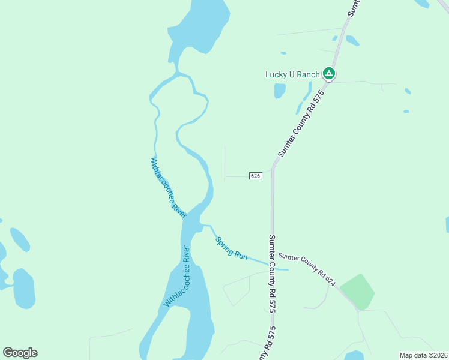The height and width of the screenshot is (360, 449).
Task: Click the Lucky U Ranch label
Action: click(292, 74)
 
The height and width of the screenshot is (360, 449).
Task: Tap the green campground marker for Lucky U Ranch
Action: click(328, 74)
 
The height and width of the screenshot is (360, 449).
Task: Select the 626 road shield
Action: click(255, 176)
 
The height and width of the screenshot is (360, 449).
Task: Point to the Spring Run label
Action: click(232, 247)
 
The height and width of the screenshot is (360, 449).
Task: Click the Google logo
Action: click(20, 353)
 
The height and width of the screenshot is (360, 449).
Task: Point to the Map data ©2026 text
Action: click(423, 355)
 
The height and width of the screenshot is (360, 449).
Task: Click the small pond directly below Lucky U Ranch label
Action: click(280, 91)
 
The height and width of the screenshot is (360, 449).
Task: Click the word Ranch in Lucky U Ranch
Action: click(307, 74)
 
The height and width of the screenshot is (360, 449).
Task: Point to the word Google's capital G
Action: click(8, 353)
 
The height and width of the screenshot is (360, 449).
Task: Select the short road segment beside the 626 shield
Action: click(237, 176)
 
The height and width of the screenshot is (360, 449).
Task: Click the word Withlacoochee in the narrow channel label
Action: click(163, 178)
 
